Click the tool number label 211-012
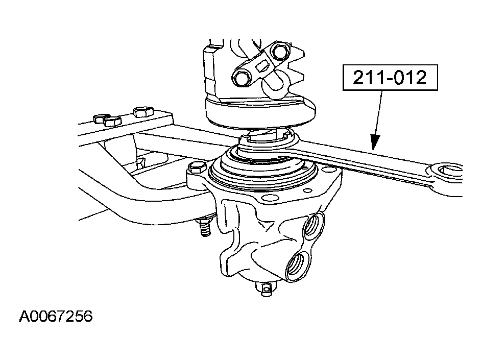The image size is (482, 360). pos(390,78)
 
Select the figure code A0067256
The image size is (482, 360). pos(56,316)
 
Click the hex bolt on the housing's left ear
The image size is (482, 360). pos(195,168)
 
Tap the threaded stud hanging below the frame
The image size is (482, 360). pos(204,227)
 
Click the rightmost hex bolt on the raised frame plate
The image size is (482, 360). pos(143,112)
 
